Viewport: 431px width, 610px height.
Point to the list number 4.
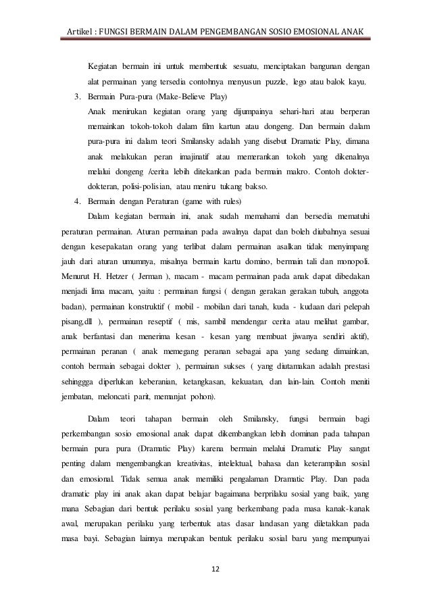(x=77, y=201)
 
